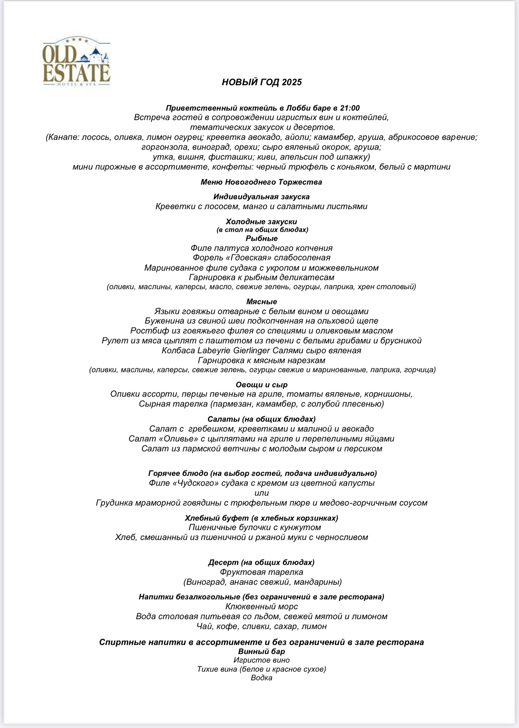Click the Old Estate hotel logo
coord(77,63)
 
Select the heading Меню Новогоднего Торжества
coord(261,182)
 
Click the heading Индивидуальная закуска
coord(261,197)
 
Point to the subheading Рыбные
coord(262,238)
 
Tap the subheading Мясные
coord(262,302)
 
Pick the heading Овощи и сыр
coord(262,385)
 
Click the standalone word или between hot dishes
coord(262,493)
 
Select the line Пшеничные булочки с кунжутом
coord(255,527)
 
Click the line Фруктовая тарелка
coord(261,572)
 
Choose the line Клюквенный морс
coord(262,607)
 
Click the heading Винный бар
coord(261,651)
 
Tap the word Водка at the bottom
coord(262,678)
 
